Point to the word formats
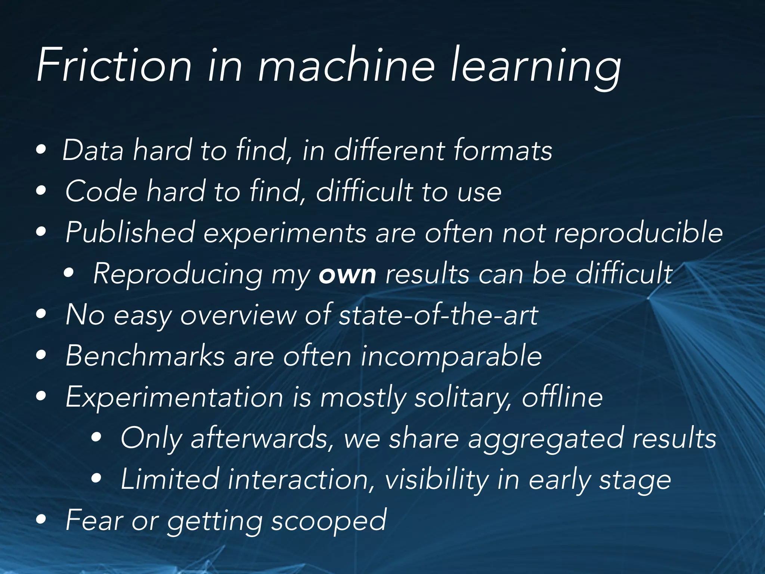[x=503, y=151]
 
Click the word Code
[x=101, y=192]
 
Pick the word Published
[x=130, y=233]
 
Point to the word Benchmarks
[x=145, y=356]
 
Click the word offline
[x=562, y=397]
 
